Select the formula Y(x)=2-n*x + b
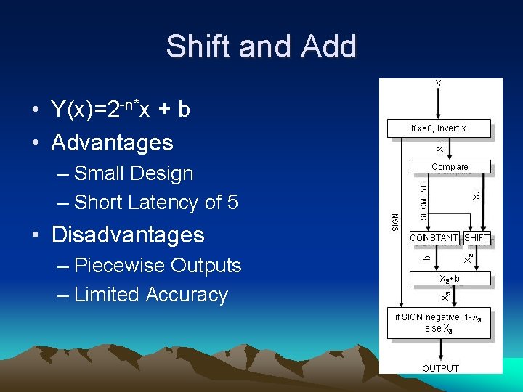121,109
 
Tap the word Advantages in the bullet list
112,142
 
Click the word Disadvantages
128,234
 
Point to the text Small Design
134,173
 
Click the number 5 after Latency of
232,203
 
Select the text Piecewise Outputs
158,266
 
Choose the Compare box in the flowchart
450,167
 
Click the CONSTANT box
434,237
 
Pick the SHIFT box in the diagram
477,237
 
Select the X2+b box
449,278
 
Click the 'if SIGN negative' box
438,323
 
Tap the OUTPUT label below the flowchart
440,368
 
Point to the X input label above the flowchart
438,83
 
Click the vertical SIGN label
395,221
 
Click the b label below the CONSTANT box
427,256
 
